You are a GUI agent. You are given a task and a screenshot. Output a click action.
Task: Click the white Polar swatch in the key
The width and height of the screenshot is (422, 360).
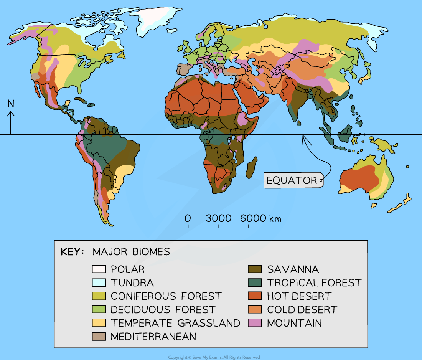click(x=99, y=269)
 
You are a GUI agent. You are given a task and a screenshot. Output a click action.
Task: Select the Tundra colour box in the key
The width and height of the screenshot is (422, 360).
click(x=99, y=283)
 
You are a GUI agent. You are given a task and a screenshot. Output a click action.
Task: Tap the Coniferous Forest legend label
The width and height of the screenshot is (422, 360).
click(x=166, y=296)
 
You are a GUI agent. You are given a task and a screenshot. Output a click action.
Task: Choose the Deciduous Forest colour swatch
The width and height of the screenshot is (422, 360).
click(x=99, y=310)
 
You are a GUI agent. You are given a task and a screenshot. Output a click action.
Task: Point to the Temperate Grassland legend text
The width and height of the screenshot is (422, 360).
click(x=175, y=323)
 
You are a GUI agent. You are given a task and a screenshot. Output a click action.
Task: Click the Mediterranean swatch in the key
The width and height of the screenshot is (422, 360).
click(x=99, y=337)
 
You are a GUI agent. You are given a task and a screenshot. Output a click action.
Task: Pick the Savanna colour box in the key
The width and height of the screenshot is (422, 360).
click(x=255, y=269)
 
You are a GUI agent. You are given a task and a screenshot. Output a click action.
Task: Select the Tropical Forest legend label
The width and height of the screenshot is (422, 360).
click(x=314, y=283)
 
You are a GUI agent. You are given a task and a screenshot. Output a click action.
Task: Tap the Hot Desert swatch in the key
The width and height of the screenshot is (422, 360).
click(x=255, y=296)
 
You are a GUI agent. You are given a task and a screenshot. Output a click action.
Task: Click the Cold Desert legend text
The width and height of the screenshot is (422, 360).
click(x=302, y=310)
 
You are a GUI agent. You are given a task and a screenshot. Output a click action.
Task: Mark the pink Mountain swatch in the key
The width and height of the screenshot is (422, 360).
click(x=255, y=323)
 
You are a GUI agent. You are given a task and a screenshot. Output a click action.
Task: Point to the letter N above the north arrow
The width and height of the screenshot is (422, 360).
click(x=11, y=104)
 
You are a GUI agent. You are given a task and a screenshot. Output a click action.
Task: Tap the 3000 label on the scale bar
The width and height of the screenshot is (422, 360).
click(x=218, y=218)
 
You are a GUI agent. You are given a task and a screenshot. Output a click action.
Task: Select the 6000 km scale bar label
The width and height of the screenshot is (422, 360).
click(x=260, y=218)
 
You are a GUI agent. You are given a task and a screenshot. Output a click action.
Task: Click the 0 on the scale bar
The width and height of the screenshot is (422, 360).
click(x=188, y=218)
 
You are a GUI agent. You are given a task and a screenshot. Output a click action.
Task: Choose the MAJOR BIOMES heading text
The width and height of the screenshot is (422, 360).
click(x=131, y=252)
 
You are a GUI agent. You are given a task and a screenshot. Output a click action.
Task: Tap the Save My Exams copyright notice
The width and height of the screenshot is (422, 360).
click(x=214, y=357)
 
